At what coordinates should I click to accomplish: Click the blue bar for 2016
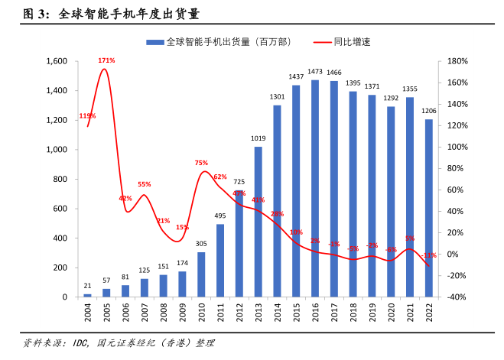pos(314,188)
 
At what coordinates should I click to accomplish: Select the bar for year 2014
pos(277,201)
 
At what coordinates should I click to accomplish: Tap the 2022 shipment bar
pos(428,208)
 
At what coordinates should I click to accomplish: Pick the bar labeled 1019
pos(258,222)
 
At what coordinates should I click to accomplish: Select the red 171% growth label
pos(106,60)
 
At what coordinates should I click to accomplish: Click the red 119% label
pos(87,116)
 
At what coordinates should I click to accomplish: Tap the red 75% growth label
pos(201,163)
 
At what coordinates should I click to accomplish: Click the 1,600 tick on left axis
pos(57,61)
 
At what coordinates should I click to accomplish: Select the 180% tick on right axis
pos(457,61)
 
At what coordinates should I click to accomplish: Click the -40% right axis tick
pos(457,297)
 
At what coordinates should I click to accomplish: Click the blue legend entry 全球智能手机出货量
pos(222,42)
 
